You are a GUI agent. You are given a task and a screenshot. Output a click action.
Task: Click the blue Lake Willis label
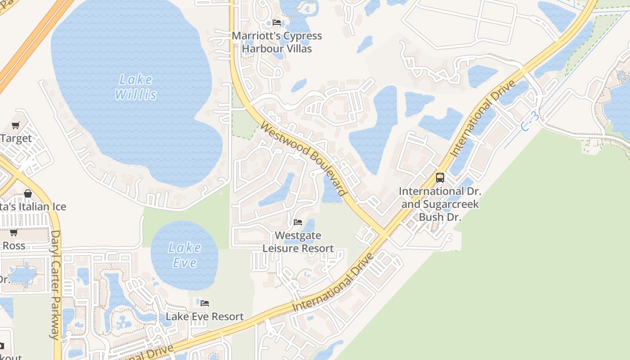(136, 87)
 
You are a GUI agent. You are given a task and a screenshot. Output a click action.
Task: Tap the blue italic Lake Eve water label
(184, 255)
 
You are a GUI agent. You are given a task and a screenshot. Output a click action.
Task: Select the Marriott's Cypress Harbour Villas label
(277, 42)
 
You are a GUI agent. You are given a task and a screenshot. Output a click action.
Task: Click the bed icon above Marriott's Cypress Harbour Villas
(277, 22)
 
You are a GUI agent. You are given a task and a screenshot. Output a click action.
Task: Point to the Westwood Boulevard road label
(304, 159)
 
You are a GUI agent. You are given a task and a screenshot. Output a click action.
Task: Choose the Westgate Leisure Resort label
(298, 242)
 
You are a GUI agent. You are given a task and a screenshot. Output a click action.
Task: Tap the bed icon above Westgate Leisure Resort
(297, 222)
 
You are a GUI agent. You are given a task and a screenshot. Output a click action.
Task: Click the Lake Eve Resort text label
(205, 317)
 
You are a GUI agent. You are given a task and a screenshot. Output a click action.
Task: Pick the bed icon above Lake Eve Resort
(205, 303)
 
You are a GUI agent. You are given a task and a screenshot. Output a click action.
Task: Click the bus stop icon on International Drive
(440, 178)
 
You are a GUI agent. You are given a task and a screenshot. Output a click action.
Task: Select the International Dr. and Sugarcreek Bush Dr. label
(440, 204)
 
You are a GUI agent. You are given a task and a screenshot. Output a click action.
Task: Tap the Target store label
(16, 138)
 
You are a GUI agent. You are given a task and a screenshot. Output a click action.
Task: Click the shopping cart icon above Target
(16, 125)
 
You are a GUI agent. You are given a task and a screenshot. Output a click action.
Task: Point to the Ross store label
(14, 246)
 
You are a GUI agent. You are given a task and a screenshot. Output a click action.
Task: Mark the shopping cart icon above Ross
(14, 232)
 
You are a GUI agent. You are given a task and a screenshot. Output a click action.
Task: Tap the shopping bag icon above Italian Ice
(28, 193)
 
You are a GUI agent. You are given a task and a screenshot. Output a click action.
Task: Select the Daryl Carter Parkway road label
(55, 284)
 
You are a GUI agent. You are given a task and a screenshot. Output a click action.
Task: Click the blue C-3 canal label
(530, 122)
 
